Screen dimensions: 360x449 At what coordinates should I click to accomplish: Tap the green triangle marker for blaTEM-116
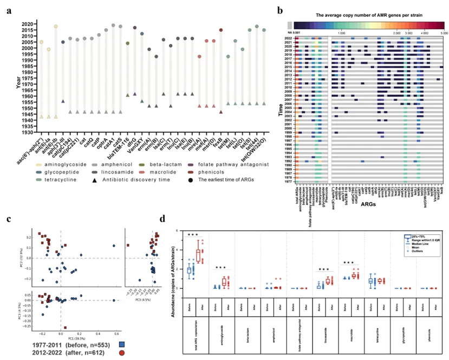(x=127, y=95)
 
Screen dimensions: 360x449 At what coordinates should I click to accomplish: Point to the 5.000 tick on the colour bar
(x=444, y=33)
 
